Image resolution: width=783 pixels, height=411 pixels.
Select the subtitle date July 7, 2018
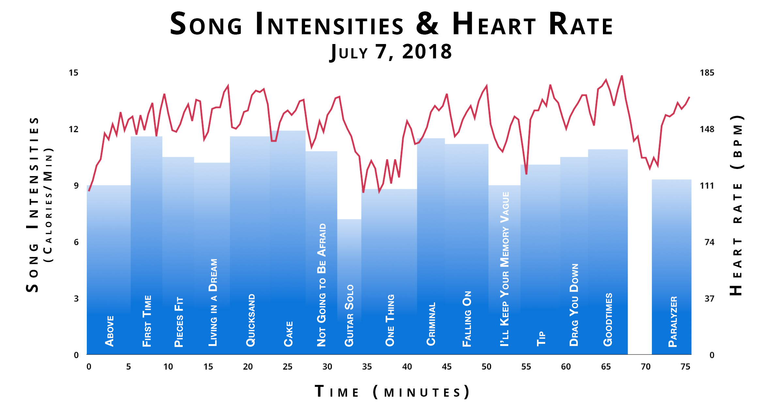(x=391, y=52)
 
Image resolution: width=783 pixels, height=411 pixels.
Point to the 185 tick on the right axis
(x=707, y=73)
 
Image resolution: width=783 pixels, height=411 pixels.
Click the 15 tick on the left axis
(x=73, y=73)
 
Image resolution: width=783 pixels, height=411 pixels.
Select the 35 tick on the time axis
(x=367, y=367)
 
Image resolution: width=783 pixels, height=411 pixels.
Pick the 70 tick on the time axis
(x=646, y=367)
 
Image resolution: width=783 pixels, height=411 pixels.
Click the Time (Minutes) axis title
(x=391, y=392)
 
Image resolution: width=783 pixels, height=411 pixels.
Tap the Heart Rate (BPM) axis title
(x=737, y=205)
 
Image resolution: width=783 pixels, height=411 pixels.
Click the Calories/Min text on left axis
(x=48, y=205)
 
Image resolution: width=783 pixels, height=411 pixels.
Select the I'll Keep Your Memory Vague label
(x=505, y=269)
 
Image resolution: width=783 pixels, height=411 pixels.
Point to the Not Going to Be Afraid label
(x=322, y=284)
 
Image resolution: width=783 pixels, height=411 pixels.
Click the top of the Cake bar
(x=288, y=131)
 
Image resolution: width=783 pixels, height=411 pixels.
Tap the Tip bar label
(x=541, y=338)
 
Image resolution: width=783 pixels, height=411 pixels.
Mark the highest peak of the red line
(x=622, y=76)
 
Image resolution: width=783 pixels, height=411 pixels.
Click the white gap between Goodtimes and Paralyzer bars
(x=640, y=261)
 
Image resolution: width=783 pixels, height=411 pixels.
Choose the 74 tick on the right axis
(x=709, y=242)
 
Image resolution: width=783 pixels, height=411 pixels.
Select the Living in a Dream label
(x=213, y=302)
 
